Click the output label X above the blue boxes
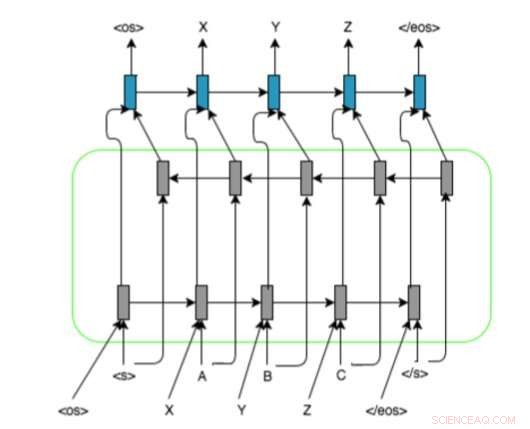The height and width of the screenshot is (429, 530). tap(203, 30)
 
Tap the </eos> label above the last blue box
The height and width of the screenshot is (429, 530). tap(420, 30)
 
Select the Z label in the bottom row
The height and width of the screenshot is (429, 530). tap(310, 410)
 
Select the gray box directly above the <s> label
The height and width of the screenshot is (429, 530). tap(124, 301)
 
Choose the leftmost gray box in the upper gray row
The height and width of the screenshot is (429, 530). tap(163, 178)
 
